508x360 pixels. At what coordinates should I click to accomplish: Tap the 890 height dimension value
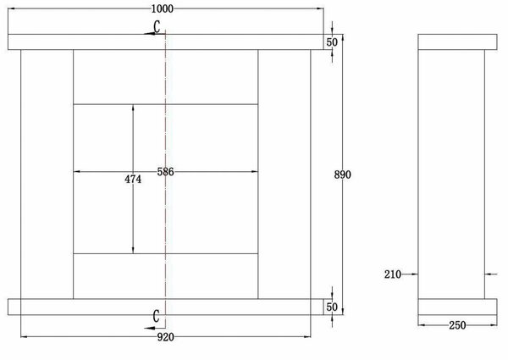tap(342, 174)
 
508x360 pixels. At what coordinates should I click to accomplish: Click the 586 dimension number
tap(165, 172)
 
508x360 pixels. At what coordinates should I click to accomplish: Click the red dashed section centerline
tap(166, 212)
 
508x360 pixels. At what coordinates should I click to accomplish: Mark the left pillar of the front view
tap(47, 174)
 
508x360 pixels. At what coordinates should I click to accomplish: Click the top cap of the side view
tap(456, 42)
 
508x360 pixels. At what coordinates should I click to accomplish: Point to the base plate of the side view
tap(456, 306)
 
